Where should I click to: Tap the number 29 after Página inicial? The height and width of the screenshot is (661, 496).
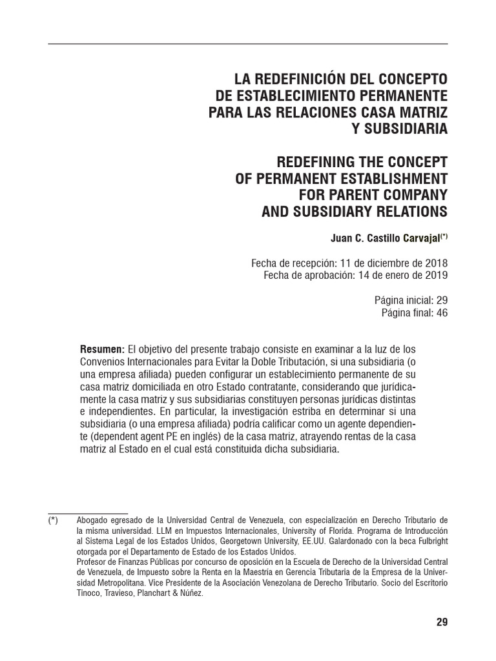tap(442, 301)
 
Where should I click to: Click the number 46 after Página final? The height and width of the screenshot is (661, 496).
tap(442, 312)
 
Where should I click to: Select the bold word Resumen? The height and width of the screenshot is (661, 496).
tap(101, 349)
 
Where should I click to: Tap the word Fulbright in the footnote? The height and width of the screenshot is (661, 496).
tap(421, 541)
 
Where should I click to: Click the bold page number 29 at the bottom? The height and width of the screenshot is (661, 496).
tap(442, 622)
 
